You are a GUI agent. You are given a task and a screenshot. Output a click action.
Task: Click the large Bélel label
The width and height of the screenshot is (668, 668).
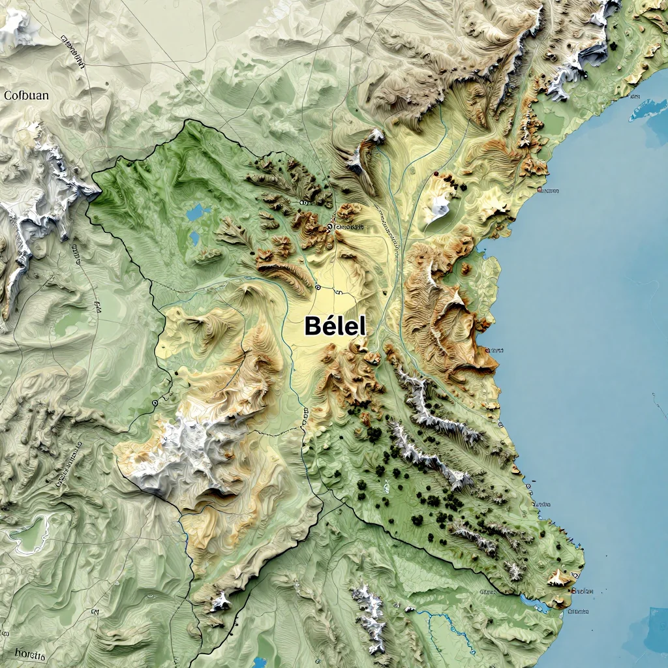[335, 326]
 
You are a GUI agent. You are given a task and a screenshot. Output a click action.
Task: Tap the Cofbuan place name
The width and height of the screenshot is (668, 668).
[26, 95]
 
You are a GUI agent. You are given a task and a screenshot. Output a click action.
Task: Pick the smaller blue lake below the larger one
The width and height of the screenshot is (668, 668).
[194, 239]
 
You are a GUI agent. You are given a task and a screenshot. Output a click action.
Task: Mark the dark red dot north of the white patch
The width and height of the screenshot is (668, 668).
[435, 174]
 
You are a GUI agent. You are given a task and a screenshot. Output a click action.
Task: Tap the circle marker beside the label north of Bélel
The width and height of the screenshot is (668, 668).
[329, 226]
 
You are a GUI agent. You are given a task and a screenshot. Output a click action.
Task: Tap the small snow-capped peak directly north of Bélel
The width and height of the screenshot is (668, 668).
[375, 137]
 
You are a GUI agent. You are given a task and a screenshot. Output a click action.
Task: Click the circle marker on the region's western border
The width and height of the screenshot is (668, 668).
[155, 403]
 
